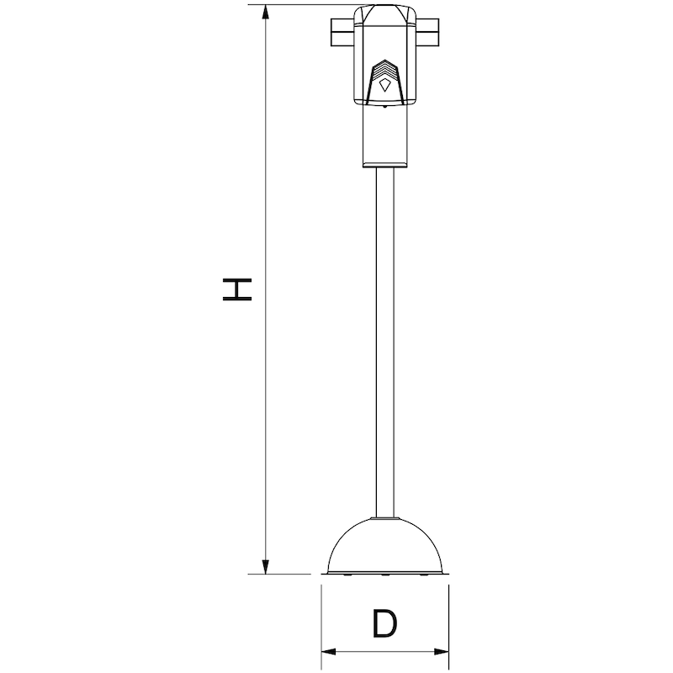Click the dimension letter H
[236, 289]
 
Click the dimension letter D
[384, 624]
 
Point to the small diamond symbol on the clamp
[384, 82]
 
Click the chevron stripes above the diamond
[384, 67]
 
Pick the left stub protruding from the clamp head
[341, 34]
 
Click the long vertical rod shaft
[384, 336]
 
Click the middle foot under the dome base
[384, 575]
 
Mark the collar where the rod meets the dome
[384, 517]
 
